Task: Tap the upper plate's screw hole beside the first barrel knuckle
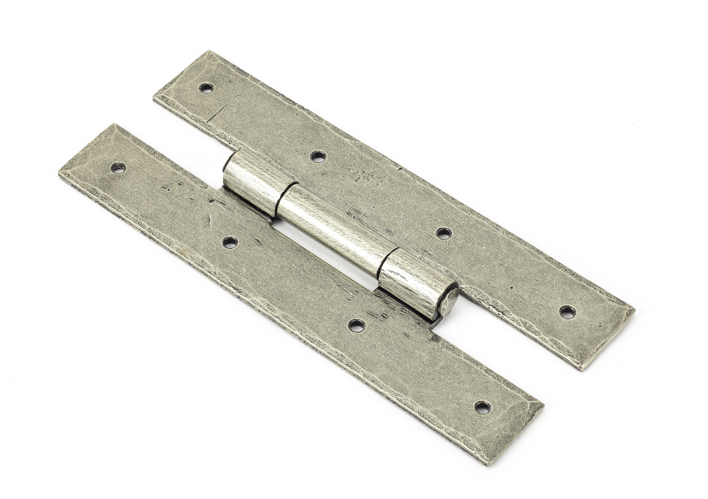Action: (x=318, y=157)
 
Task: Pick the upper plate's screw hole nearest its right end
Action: (x=567, y=312)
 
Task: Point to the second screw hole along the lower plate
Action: (x=230, y=242)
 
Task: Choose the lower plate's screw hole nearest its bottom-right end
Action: (x=483, y=408)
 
